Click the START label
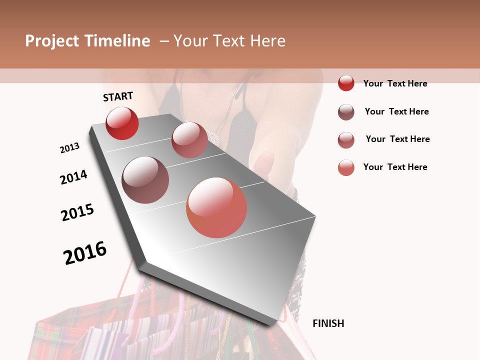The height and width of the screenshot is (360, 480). (x=118, y=96)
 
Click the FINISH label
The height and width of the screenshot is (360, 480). (x=328, y=323)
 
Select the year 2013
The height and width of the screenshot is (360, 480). (x=69, y=148)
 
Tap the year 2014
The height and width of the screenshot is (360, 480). (x=73, y=177)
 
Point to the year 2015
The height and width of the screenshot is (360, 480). (x=77, y=212)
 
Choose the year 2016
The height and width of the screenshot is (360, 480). (x=85, y=253)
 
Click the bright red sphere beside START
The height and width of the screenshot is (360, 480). (x=122, y=123)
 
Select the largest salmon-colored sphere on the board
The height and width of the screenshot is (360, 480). (x=216, y=207)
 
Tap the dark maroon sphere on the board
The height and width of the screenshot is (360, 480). (x=145, y=180)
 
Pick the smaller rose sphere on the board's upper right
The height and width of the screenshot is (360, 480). (x=189, y=140)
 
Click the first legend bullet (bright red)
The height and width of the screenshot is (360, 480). (x=346, y=83)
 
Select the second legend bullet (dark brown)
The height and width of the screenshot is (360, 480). (x=346, y=112)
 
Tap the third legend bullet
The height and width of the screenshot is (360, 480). (x=346, y=140)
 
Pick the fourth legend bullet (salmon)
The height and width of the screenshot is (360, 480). (x=346, y=167)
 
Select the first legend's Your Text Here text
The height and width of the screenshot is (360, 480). (x=395, y=83)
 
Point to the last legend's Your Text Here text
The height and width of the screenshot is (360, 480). (x=395, y=167)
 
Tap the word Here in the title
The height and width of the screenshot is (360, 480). (x=267, y=41)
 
